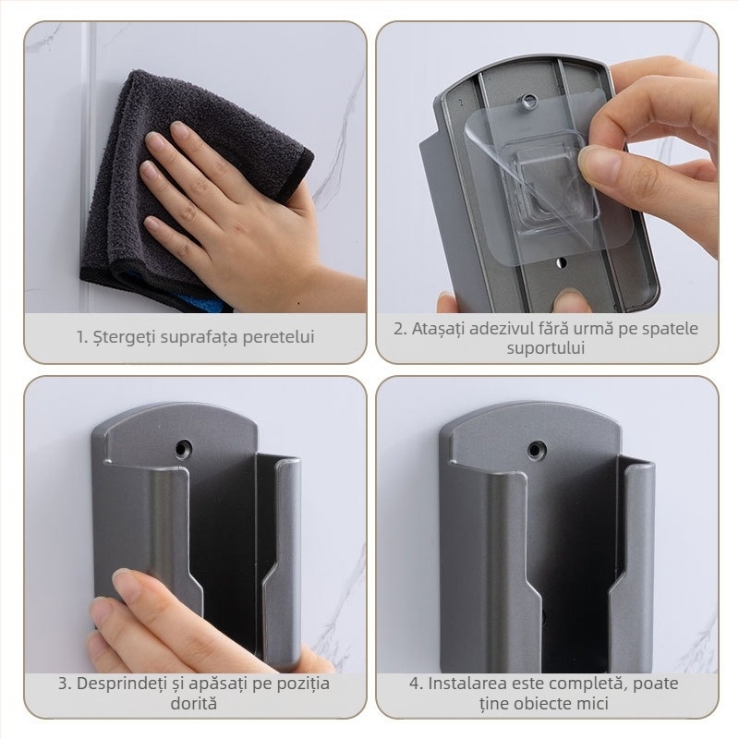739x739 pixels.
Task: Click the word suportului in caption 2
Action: pos(547,348)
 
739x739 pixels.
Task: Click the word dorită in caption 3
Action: pos(194,704)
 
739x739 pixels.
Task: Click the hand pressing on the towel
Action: pos(222,212)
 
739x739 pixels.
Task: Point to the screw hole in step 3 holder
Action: pos(181,450)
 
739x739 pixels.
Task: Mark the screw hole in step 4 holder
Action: pos(536,450)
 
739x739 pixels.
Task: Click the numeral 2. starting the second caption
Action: pos(400,329)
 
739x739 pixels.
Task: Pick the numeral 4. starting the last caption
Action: pos(416,684)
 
